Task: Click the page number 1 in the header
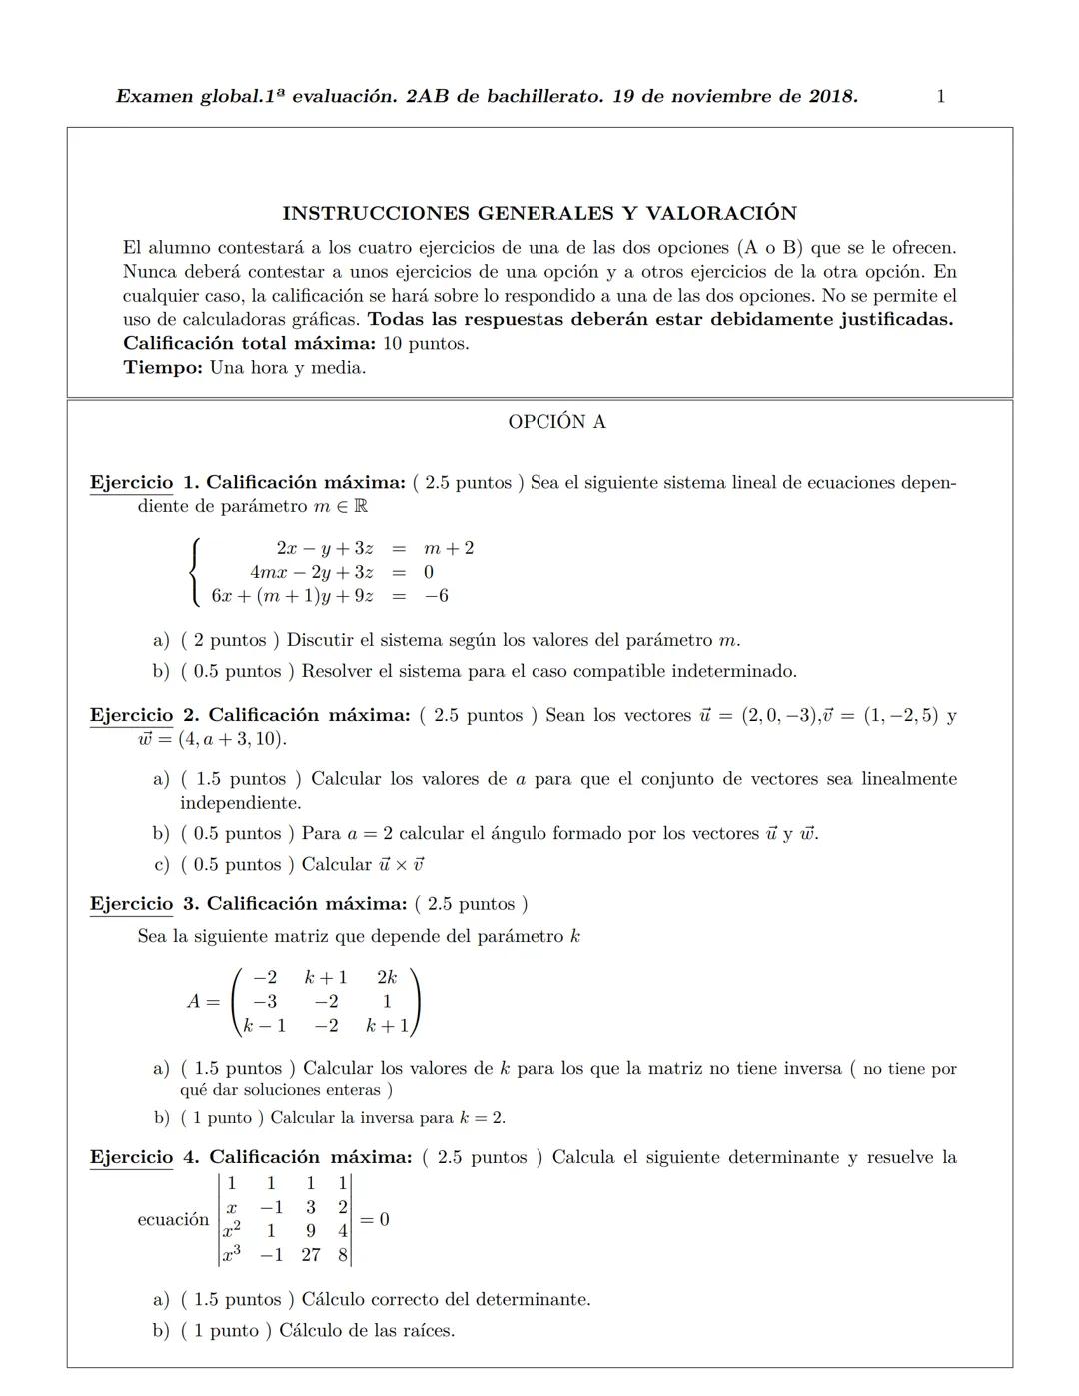point(941,97)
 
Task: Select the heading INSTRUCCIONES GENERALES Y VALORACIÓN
point(539,213)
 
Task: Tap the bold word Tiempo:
point(163,367)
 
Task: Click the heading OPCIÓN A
point(556,422)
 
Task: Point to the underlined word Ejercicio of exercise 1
point(131,483)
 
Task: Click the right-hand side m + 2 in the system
point(449,548)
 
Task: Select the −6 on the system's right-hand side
point(436,596)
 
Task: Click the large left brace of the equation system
point(195,571)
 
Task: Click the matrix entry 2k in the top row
point(387,977)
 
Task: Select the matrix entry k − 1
point(266,1025)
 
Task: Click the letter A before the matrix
point(196,1001)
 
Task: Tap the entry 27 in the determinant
point(311,1254)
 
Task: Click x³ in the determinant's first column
point(232,1254)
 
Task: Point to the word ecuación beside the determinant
point(173,1219)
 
